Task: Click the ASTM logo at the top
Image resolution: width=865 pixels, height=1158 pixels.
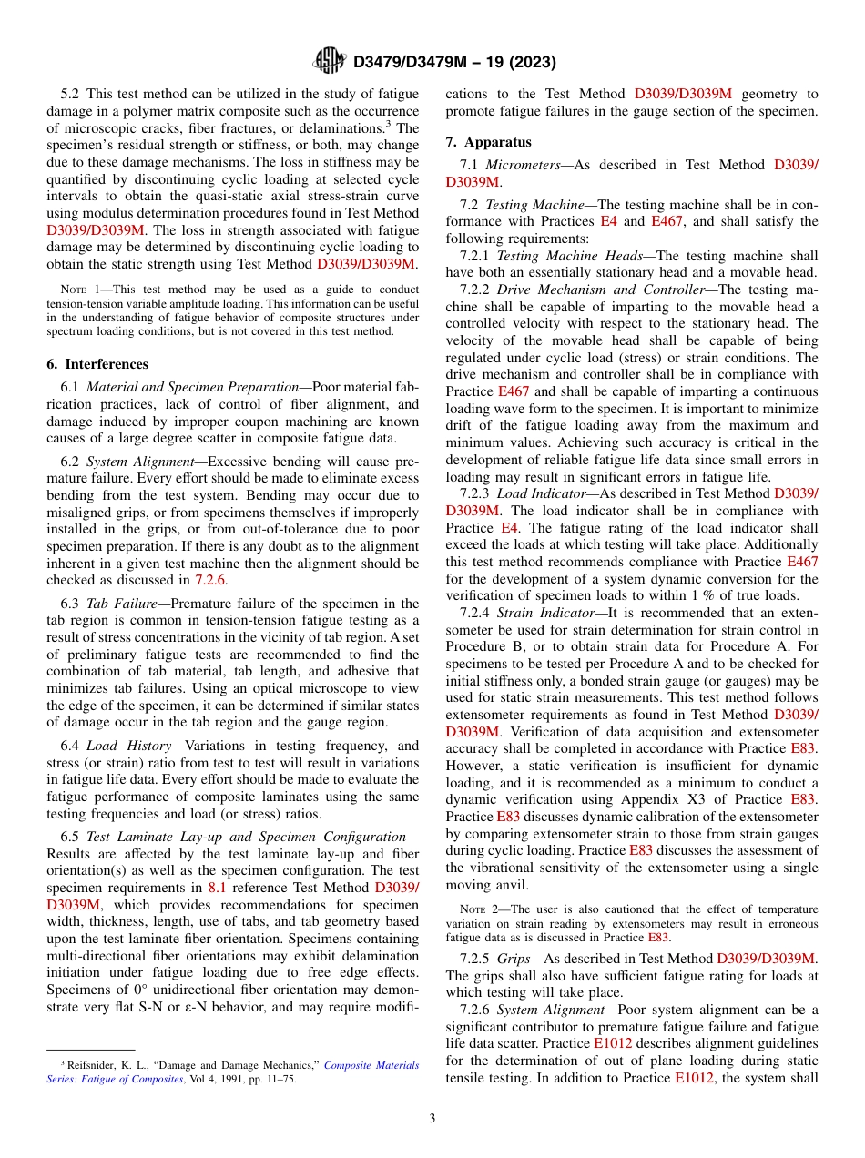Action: (x=329, y=61)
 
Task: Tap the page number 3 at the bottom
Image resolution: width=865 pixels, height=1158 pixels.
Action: (x=432, y=1118)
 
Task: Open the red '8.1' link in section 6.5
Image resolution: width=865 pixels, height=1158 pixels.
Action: (x=218, y=888)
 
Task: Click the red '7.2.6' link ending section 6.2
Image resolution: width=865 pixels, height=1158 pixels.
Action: (x=211, y=579)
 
